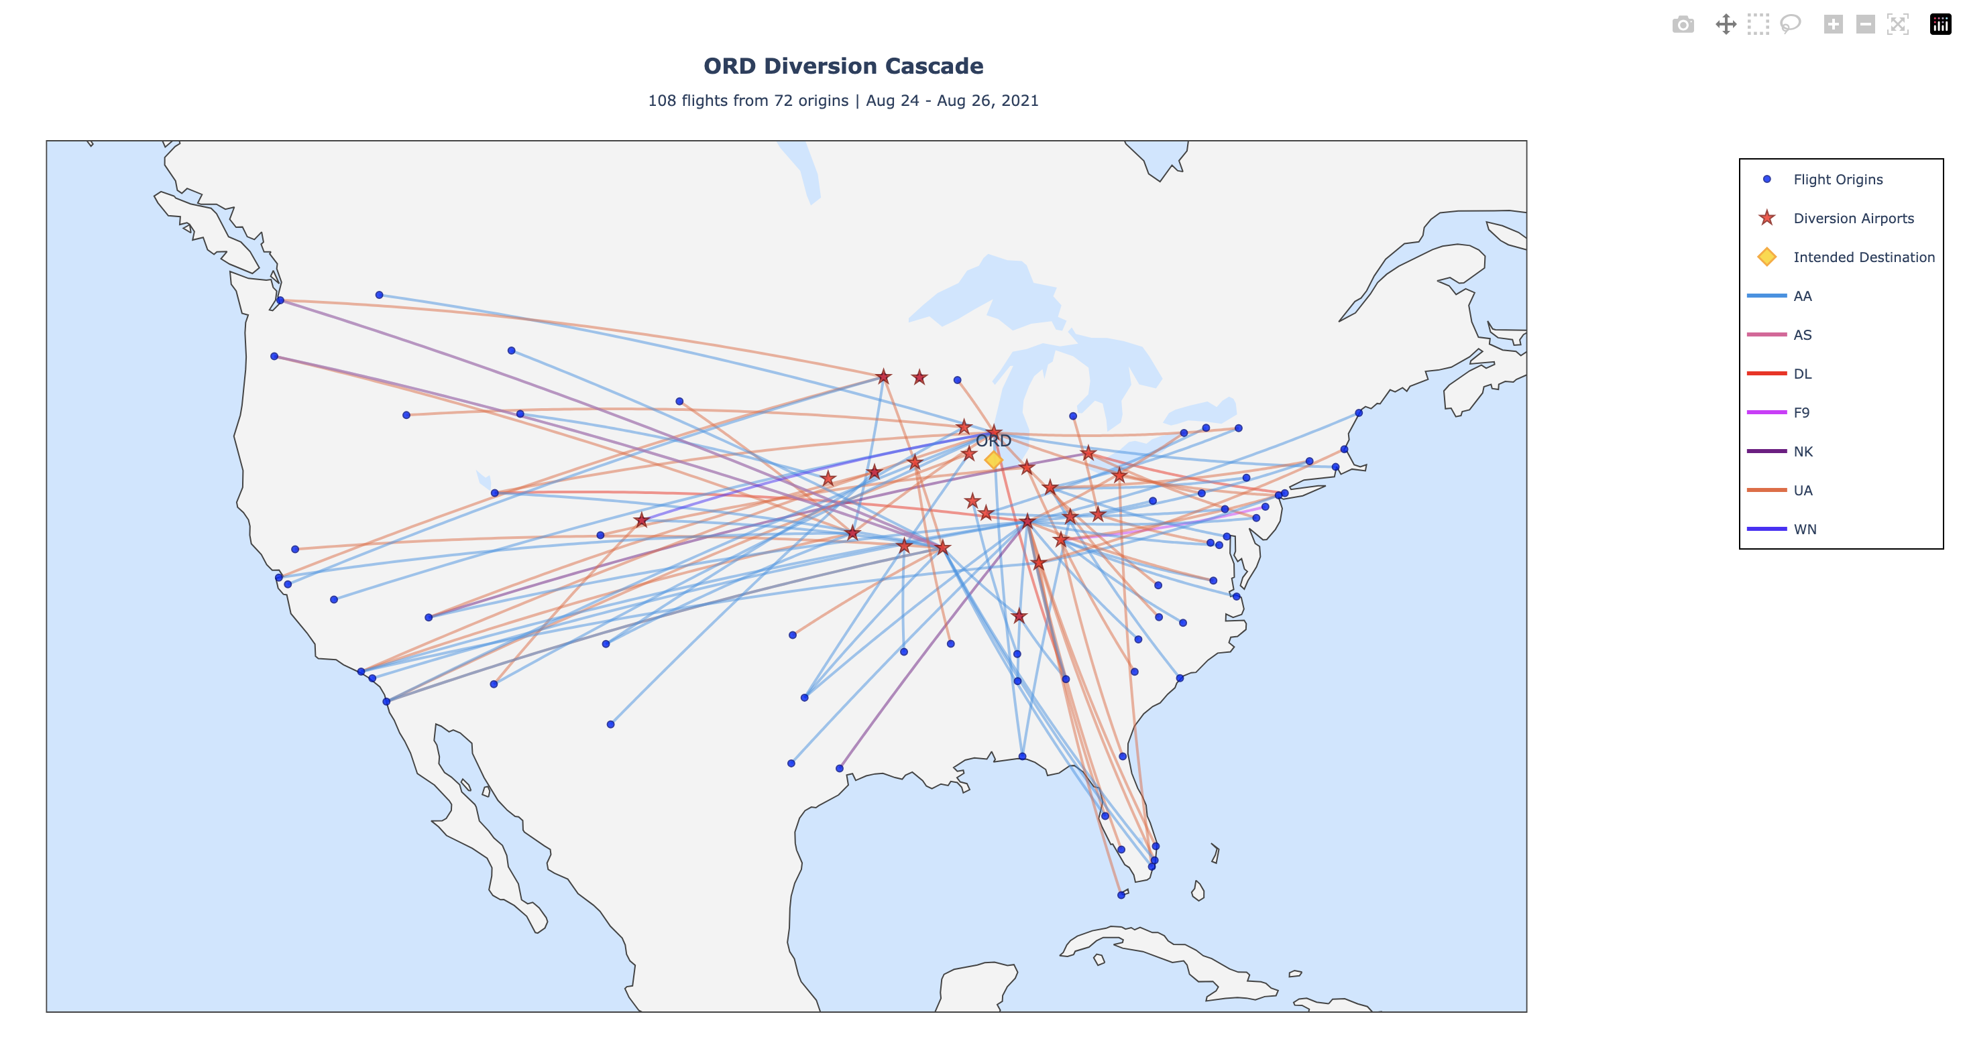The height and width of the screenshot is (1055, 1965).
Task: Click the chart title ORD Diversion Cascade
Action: click(x=843, y=66)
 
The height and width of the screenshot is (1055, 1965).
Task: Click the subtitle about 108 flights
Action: click(x=843, y=101)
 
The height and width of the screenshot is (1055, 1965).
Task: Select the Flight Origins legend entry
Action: click(x=1838, y=180)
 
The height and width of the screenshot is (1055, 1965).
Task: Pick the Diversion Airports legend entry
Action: click(x=1853, y=219)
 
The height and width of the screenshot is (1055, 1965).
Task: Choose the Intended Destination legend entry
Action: click(x=1863, y=257)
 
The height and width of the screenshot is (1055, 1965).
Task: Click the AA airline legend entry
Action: click(x=1802, y=296)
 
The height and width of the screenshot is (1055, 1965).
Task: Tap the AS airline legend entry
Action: click(x=1802, y=335)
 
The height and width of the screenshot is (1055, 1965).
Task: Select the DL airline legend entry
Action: click(x=1802, y=374)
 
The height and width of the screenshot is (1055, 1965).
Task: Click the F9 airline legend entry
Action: click(x=1801, y=413)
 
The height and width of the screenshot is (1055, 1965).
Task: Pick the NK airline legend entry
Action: click(x=1803, y=452)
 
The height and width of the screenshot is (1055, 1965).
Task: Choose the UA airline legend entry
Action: click(x=1803, y=491)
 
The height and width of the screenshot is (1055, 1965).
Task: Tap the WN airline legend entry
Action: click(x=1804, y=530)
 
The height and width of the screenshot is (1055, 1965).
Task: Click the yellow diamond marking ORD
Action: click(x=993, y=460)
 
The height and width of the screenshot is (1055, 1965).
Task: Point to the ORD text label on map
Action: click(x=993, y=440)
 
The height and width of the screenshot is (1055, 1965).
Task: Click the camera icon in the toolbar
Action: click(x=1683, y=24)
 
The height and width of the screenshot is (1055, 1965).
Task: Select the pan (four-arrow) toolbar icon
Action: click(x=1726, y=24)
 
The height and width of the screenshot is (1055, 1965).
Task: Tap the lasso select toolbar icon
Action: click(x=1791, y=24)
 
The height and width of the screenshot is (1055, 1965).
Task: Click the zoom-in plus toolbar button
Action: click(x=1833, y=24)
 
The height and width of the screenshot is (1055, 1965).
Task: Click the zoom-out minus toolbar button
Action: click(x=1865, y=24)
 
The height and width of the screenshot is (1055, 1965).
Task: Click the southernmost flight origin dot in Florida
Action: click(x=1121, y=895)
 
